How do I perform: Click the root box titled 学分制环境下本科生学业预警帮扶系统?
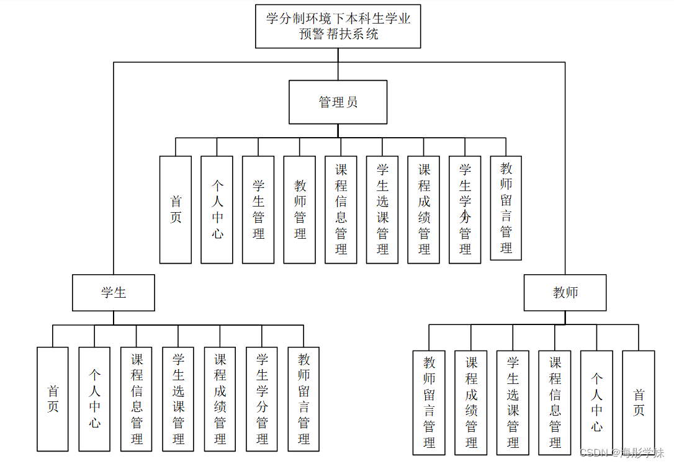coord(338,26)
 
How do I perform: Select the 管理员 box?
coord(338,102)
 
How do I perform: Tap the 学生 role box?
coord(114,293)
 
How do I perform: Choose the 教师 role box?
coord(565,293)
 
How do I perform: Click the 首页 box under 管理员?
coord(176,210)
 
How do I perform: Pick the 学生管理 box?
coord(258,210)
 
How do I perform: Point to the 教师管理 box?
coord(300,210)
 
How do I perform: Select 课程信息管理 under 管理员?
coord(341,210)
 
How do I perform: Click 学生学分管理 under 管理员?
coord(465,210)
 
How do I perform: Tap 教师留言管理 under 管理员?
coord(506,208)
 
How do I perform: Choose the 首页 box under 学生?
coord(53,399)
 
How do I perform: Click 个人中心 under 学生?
coord(94,399)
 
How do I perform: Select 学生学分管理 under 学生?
coord(262,399)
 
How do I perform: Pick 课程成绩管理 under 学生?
coord(220,399)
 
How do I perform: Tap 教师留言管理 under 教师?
coord(429,402)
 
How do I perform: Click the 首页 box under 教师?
coord(639,402)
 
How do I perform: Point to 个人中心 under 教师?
coord(596,402)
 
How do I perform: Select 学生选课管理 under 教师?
coord(513,402)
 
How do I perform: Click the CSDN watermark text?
coord(621,453)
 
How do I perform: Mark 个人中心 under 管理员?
coord(217,210)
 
